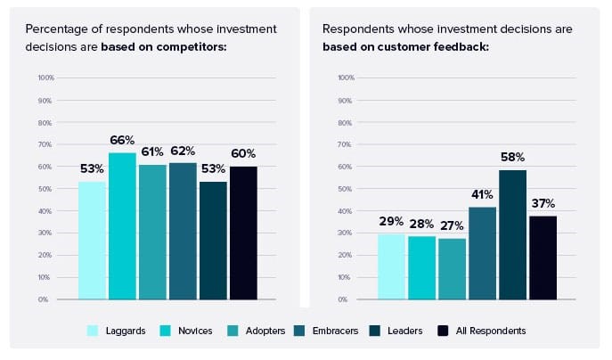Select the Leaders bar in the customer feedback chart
(x=512, y=234)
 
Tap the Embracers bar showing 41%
(x=482, y=253)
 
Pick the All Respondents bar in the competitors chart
(x=243, y=233)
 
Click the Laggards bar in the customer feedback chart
(x=391, y=266)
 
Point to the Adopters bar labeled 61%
(x=152, y=232)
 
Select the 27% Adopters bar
(x=452, y=268)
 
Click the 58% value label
(x=513, y=157)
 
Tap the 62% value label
(x=183, y=151)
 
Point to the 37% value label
(x=543, y=203)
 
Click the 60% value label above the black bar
(x=243, y=154)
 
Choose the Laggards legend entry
(x=117, y=331)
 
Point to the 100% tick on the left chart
(x=46, y=78)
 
